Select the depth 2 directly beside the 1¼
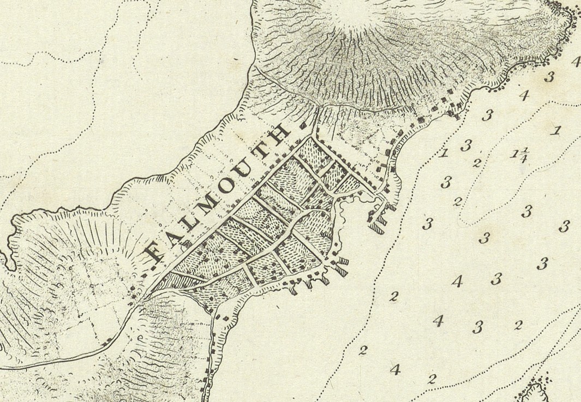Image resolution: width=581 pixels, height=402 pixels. [x=477, y=162]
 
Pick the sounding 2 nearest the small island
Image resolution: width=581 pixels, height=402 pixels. [x=433, y=378]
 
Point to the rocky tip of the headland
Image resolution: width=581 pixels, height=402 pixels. [x=567, y=14]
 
